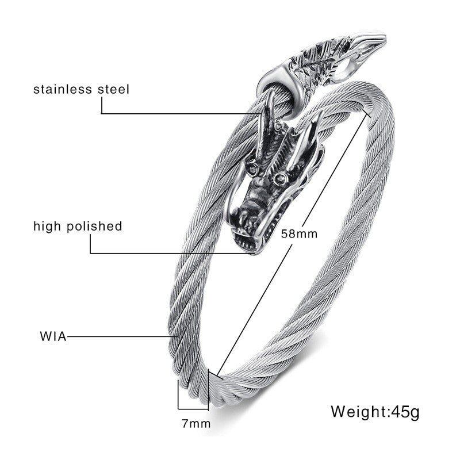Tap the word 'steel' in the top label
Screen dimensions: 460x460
(x=112, y=89)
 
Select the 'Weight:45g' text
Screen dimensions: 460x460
(x=375, y=412)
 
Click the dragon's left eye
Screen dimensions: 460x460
(x=254, y=171)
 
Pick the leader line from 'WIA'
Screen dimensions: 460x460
(x=118, y=336)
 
